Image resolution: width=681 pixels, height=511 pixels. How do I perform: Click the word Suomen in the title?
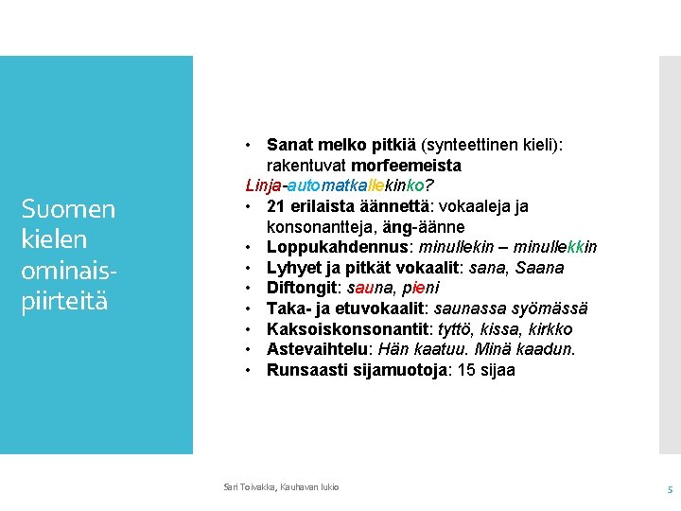69,209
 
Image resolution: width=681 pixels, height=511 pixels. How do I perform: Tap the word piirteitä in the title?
64,301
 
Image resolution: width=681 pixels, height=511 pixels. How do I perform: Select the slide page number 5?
671,490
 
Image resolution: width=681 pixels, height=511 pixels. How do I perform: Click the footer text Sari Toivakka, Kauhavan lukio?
281,487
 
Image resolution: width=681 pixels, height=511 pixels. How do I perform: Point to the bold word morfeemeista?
406,166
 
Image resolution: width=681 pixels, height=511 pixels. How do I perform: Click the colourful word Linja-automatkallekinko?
340,185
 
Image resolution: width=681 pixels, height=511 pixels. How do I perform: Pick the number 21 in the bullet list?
276,206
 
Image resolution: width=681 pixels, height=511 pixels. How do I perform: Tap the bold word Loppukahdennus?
338,247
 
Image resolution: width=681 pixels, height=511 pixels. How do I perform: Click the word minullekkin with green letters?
555,247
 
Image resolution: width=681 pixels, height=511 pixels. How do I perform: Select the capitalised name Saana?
539,268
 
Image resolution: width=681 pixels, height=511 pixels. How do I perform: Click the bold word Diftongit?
302,288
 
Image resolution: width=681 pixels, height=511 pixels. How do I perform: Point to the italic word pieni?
420,288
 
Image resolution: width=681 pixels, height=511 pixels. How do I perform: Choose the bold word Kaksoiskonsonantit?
348,329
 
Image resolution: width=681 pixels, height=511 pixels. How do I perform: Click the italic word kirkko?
550,329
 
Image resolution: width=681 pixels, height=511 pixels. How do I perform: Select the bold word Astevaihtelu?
317,349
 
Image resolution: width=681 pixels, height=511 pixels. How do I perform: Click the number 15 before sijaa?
466,370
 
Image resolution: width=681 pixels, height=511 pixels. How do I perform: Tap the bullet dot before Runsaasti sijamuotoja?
248,371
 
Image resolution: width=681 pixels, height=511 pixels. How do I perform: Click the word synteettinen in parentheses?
468,145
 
